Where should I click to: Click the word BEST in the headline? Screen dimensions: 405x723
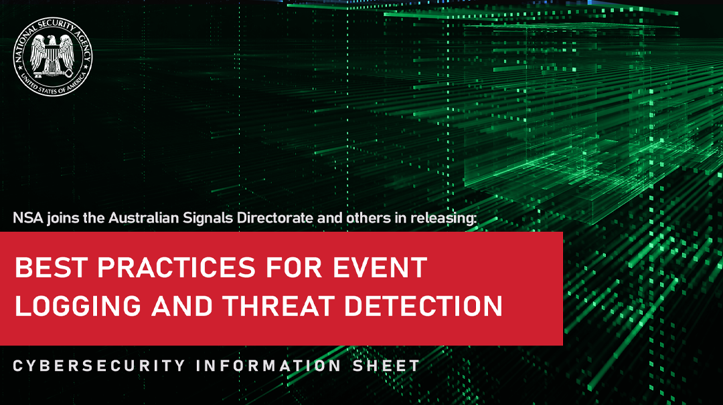52,268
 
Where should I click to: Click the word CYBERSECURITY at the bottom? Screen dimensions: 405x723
99,366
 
